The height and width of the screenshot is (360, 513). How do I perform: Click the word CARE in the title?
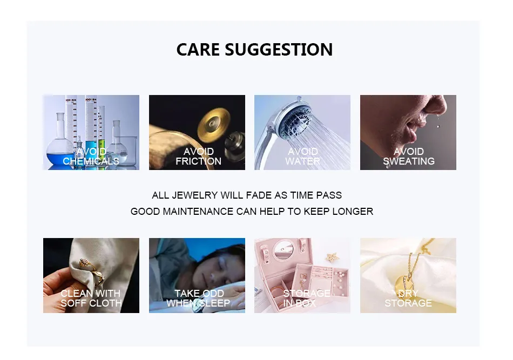(x=198, y=50)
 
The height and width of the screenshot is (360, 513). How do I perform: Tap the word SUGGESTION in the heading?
(x=279, y=50)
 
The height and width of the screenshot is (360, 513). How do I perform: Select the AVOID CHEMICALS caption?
(x=91, y=157)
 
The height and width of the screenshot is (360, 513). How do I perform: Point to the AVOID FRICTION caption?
(x=198, y=157)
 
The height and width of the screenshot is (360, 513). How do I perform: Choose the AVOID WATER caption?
(x=302, y=157)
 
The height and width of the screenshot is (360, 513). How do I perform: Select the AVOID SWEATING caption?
(x=409, y=157)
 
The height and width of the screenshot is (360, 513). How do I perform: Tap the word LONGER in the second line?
(x=353, y=212)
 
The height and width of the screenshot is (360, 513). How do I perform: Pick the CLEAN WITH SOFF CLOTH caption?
(x=91, y=298)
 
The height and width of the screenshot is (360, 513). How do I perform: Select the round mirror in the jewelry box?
(x=283, y=249)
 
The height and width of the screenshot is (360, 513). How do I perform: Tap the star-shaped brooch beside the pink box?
(x=333, y=257)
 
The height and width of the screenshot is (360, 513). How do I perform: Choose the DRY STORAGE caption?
(x=408, y=298)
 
